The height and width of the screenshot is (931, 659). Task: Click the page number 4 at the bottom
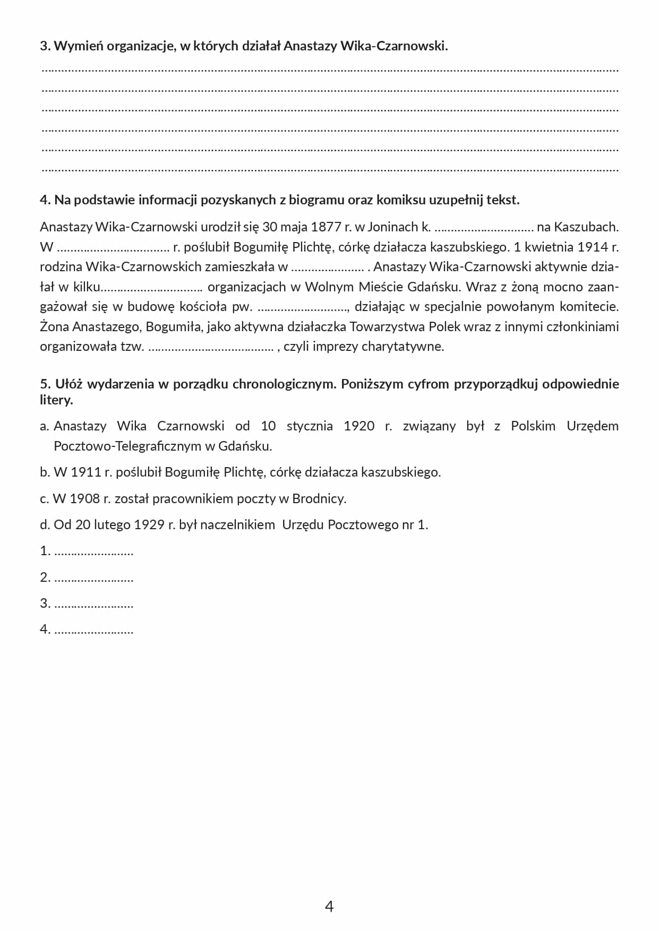329,906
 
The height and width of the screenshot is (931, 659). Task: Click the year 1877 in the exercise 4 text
326,227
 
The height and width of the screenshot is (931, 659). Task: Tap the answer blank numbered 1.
93,552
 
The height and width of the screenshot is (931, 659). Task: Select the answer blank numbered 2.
93,578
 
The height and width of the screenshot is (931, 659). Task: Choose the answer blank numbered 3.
93,604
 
